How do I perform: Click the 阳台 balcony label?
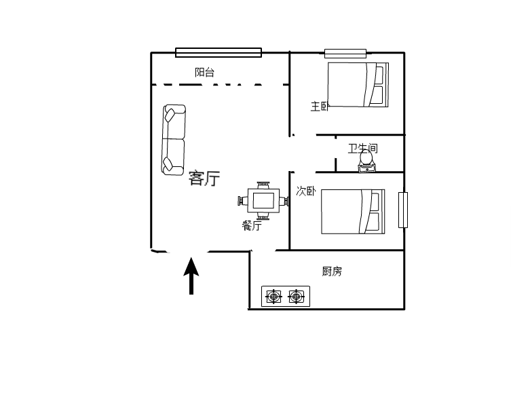click(x=204, y=72)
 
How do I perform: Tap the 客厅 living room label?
click(x=204, y=178)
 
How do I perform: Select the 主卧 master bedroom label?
click(x=320, y=107)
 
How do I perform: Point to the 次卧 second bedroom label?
click(x=305, y=191)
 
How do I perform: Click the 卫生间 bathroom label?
click(x=362, y=149)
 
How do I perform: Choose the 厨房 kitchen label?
click(x=332, y=271)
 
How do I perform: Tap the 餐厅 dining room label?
click(x=252, y=225)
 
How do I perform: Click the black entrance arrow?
click(x=191, y=276)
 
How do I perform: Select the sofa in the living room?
click(x=174, y=140)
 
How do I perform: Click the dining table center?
click(x=263, y=201)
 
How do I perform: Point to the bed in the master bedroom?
click(x=358, y=85)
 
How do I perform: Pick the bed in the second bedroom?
click(x=353, y=212)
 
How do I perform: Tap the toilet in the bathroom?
click(x=366, y=162)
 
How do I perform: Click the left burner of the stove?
click(x=273, y=297)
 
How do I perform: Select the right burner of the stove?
click(x=296, y=297)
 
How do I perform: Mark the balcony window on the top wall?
click(x=219, y=52)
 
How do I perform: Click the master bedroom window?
click(x=345, y=54)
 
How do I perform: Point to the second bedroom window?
click(x=403, y=210)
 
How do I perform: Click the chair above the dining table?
click(x=263, y=185)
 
